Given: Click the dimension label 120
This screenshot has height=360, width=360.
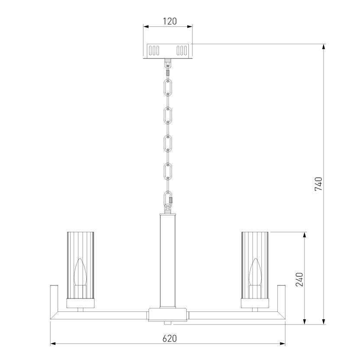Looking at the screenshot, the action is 170,21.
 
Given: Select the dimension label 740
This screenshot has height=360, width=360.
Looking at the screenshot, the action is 318,184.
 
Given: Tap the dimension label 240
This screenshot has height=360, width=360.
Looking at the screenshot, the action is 299,279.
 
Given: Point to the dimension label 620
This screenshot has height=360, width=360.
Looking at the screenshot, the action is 170,339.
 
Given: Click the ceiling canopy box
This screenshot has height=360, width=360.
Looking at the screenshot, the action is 168,51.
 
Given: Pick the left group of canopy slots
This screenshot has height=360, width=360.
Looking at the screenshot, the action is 154,51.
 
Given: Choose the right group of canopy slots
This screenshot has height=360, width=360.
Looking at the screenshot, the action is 182,51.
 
